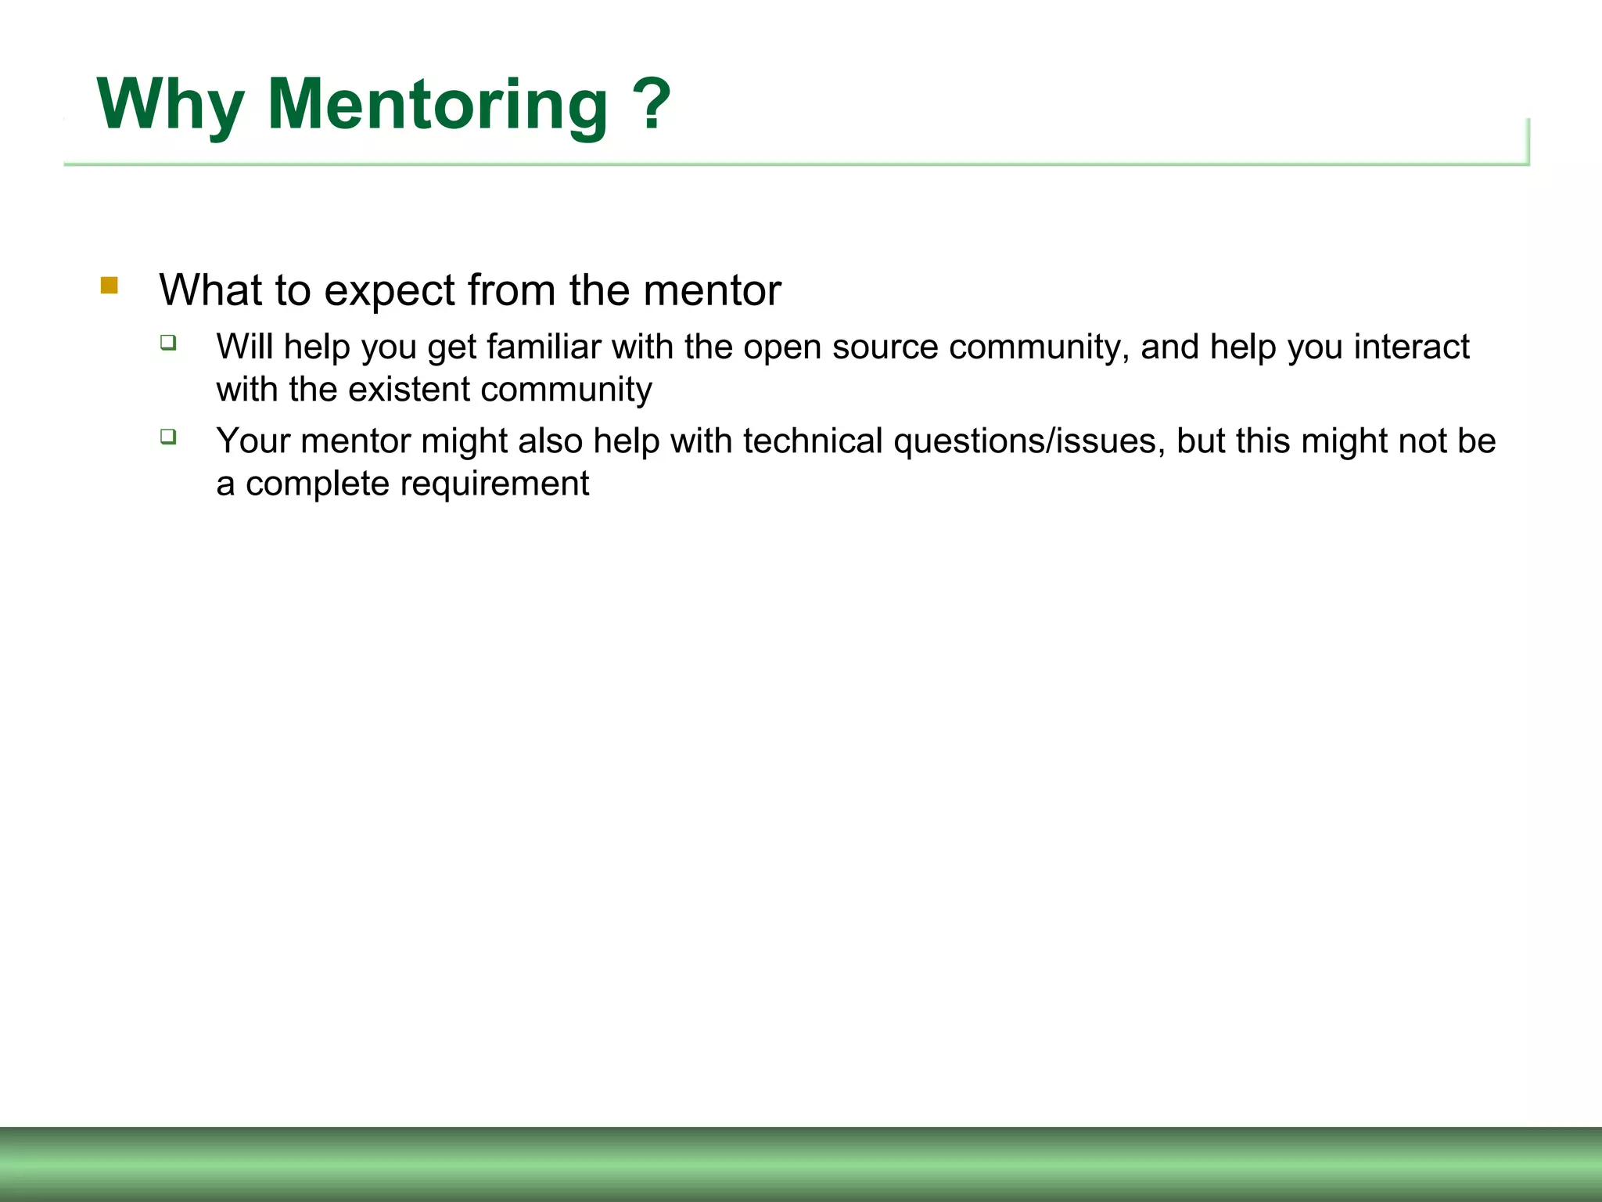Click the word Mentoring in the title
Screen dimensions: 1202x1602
tap(437, 106)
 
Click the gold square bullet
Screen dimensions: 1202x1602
tap(110, 286)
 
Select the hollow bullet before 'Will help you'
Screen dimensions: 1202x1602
tap(168, 342)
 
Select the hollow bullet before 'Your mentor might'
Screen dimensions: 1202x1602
tap(168, 436)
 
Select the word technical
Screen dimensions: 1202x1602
tap(813, 441)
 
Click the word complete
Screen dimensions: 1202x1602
tap(317, 484)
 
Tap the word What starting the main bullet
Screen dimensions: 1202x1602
tap(210, 290)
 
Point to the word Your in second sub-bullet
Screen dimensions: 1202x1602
tap(253, 441)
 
